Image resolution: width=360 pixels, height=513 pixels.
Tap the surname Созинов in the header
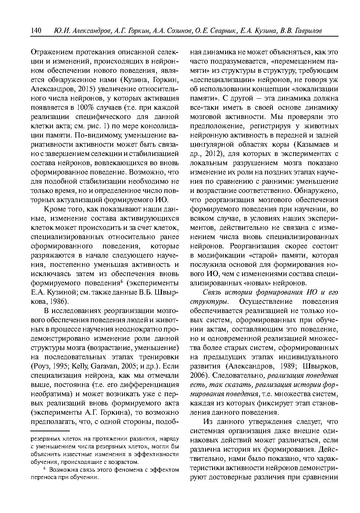175,31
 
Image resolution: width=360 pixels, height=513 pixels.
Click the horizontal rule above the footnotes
50,431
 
